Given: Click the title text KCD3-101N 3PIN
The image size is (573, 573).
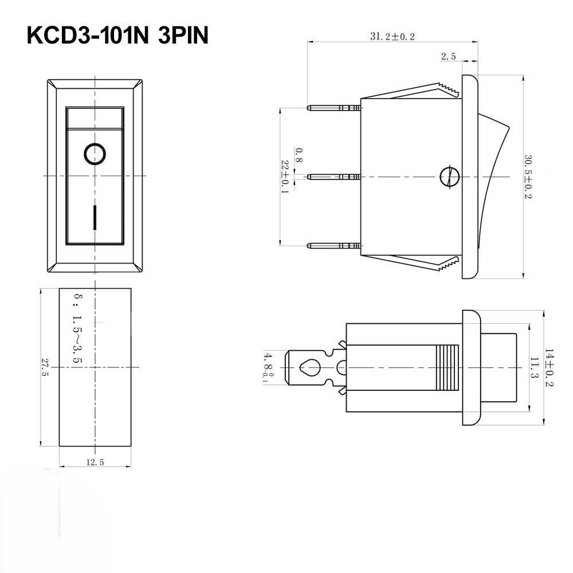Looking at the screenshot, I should tap(117, 36).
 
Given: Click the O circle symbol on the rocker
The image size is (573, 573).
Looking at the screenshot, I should tap(95, 154).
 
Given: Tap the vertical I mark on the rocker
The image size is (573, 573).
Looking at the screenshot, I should tap(95, 215).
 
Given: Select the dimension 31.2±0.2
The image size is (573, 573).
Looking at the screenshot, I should tap(392, 36).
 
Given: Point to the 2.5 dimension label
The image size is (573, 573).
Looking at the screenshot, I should tap(448, 56).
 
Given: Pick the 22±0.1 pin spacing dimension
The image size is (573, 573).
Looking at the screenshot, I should tap(285, 176).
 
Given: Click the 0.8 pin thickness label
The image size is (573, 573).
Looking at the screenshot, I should tap(298, 155).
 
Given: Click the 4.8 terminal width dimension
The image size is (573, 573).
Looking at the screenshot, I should tap(266, 367).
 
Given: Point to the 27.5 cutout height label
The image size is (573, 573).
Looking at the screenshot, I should tap(45, 367).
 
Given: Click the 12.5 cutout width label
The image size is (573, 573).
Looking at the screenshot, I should tap(95, 462).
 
